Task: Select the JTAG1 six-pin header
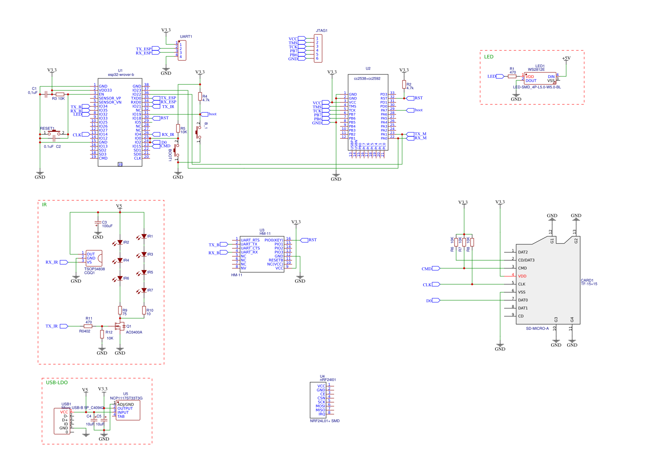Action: [318, 48]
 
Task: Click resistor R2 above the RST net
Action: [404, 85]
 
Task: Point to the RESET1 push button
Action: [54, 133]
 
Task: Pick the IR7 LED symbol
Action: [144, 290]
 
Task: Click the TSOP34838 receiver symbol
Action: [94, 258]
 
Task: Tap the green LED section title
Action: [489, 57]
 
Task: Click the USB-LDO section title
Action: [57, 382]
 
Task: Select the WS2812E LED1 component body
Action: [540, 78]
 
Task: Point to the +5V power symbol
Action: [566, 58]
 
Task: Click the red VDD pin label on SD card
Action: [522, 276]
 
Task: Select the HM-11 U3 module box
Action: [262, 254]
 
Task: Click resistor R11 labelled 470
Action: [88, 326]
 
